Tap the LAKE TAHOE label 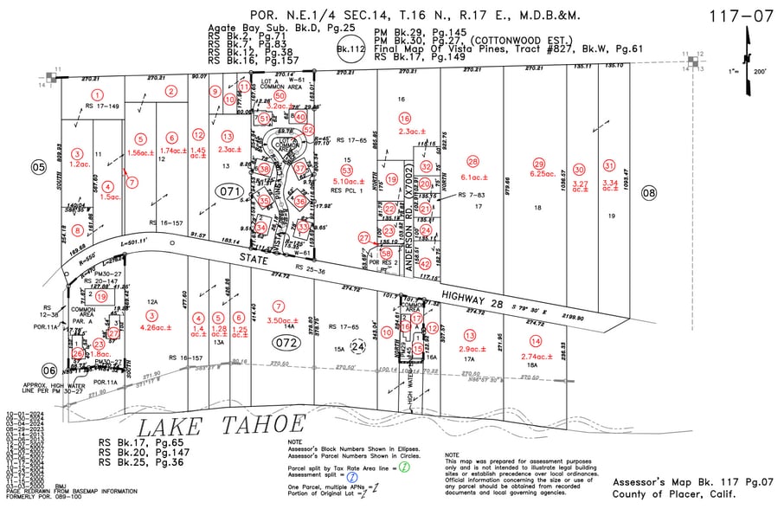coord(223,425)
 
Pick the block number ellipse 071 coord(230,190)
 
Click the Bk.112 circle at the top coord(349,51)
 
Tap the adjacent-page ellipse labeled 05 coord(38,166)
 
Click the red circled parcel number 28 coord(472,162)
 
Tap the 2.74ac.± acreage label coord(537,356)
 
